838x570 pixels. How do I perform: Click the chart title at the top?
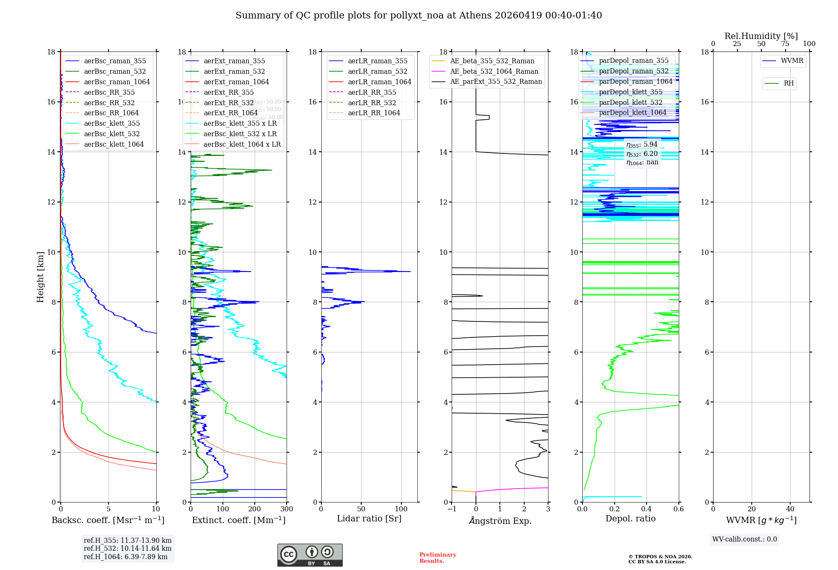(x=419, y=16)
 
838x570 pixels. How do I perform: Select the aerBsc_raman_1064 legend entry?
(x=116, y=82)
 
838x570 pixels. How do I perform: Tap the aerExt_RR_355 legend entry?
(x=228, y=92)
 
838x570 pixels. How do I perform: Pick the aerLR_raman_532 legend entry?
(x=377, y=71)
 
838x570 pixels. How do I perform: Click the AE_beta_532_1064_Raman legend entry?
(x=494, y=71)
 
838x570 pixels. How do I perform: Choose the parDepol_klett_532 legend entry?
(x=630, y=102)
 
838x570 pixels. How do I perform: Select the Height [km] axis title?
(x=40, y=277)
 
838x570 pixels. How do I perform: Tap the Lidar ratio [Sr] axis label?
(x=369, y=518)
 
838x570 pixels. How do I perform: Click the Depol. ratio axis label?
(x=630, y=518)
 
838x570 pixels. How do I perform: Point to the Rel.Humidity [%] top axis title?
(x=761, y=36)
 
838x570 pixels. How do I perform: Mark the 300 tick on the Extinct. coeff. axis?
(x=287, y=509)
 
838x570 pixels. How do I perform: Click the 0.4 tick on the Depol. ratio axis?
(x=647, y=509)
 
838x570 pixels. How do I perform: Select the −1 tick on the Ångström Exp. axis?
(x=452, y=509)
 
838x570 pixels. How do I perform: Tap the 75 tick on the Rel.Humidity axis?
(x=785, y=44)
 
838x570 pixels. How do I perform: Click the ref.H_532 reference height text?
(x=127, y=548)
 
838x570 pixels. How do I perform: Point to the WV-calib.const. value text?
(x=745, y=539)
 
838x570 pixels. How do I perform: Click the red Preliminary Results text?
(x=437, y=558)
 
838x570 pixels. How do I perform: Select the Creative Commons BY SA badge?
(x=310, y=555)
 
